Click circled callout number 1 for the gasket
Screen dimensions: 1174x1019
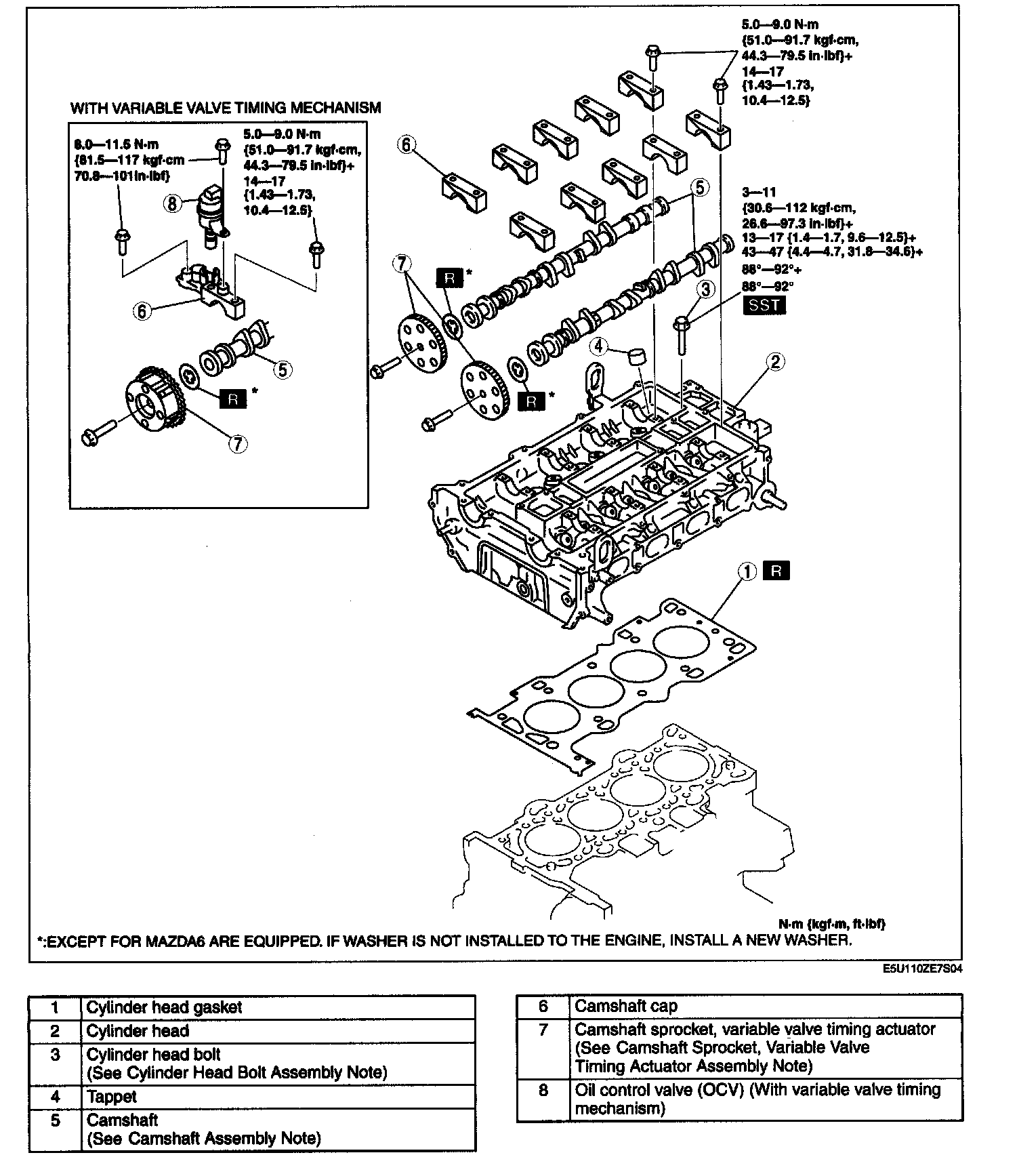tap(747, 572)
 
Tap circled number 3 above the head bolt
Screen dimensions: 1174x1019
tap(706, 289)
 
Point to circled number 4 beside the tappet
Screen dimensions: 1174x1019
tap(599, 347)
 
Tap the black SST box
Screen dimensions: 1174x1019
tap(764, 305)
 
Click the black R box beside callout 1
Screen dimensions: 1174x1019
tap(776, 571)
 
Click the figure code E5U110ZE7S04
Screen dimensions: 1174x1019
tap(922, 969)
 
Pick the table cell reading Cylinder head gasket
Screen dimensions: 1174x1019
tap(164, 1007)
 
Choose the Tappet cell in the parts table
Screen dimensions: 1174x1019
tap(112, 1097)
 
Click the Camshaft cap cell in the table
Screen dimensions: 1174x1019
tap(626, 1007)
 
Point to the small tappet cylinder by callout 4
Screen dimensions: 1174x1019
tap(636, 357)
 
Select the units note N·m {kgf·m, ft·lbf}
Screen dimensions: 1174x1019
tap(832, 924)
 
